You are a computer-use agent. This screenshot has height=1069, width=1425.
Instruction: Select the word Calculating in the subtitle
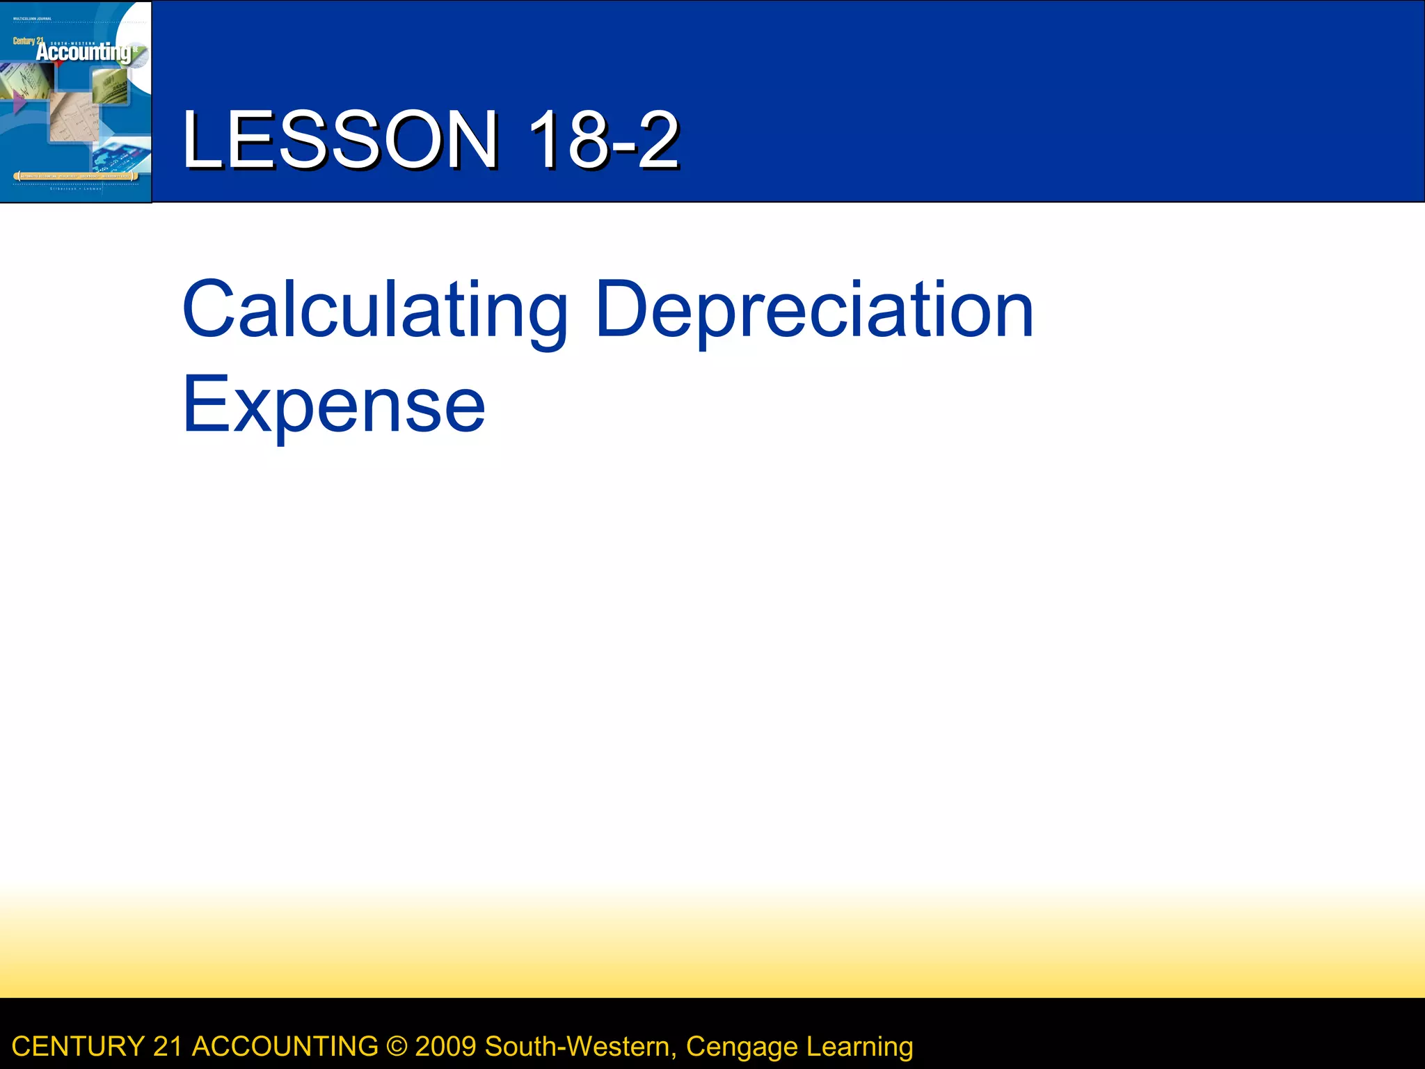[x=374, y=310]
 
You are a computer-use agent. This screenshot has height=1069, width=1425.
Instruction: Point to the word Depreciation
[x=814, y=310]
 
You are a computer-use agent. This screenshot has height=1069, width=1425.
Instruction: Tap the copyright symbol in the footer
[x=397, y=1047]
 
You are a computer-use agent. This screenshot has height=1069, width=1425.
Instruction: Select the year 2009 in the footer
[x=445, y=1047]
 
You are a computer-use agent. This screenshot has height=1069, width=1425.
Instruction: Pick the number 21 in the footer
[x=167, y=1047]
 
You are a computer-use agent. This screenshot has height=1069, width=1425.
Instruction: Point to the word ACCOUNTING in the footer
[x=285, y=1047]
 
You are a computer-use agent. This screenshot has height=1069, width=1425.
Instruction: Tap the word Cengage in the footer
[x=742, y=1047]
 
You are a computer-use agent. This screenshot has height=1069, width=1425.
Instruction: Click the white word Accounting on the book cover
[x=83, y=53]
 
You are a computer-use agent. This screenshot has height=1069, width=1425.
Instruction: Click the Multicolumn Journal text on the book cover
[x=32, y=19]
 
